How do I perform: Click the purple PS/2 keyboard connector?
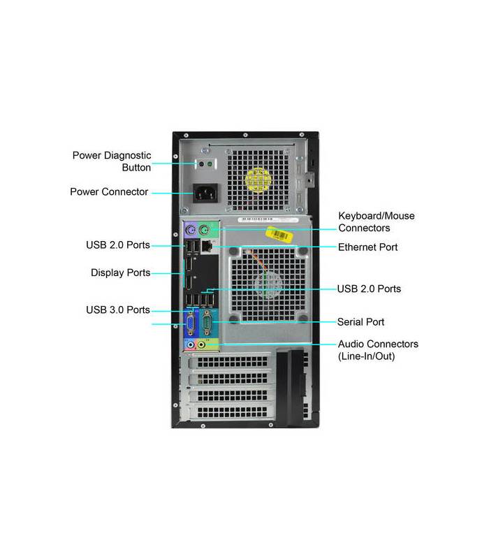pos(191,231)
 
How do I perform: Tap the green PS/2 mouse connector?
pos(204,231)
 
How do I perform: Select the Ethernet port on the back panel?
pos(207,246)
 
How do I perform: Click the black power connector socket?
pos(205,194)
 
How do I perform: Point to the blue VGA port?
pos(191,324)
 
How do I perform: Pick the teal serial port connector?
pos(207,324)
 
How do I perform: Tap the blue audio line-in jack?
pos(191,344)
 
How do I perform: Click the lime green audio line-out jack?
pos(202,344)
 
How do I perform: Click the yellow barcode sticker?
pos(279,234)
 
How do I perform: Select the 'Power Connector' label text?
pos(109,191)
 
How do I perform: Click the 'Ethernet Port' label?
pos(368,247)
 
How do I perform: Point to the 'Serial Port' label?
pos(360,322)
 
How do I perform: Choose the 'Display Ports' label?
pos(120,273)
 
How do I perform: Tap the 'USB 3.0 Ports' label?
pos(118,310)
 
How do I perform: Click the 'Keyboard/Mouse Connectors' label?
pos(377,222)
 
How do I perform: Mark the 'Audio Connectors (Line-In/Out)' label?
pos(378,350)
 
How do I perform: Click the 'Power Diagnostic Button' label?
pos(112,161)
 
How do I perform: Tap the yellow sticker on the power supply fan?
pos(258,180)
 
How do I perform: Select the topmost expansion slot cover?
pos(231,362)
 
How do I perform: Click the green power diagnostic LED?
pos(210,164)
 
